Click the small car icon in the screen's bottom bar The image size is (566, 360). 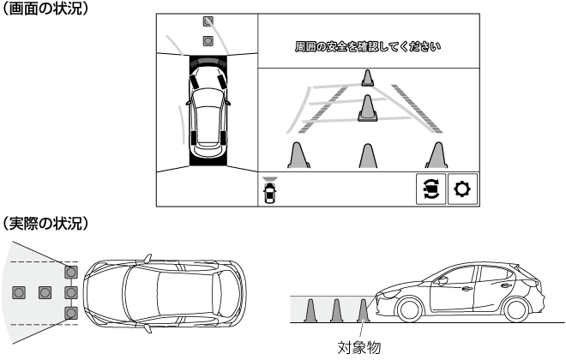tap(271, 189)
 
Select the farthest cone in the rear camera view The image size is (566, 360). tap(366, 80)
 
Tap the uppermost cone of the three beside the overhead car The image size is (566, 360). tap(71, 273)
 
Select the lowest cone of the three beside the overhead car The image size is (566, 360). tap(71, 312)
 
